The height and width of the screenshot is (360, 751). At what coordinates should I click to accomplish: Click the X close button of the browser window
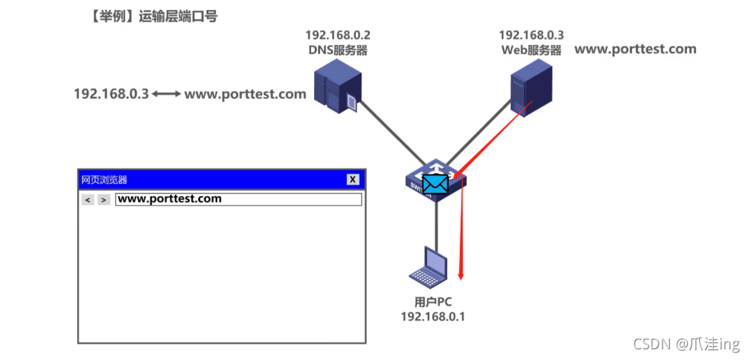coord(352,179)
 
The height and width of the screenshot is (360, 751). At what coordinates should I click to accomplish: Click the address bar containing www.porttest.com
coord(238,199)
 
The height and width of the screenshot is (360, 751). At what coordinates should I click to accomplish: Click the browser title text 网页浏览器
coord(104,180)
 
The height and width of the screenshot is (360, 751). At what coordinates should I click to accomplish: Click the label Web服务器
coord(531,50)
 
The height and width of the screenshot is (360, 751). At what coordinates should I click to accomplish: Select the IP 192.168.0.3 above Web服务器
coord(531,36)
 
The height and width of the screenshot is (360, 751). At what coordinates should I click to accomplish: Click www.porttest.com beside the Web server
coord(634,50)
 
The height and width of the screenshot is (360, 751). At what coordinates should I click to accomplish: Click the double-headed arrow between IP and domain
coord(166,95)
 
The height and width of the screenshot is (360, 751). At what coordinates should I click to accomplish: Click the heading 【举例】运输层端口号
coord(153,16)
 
